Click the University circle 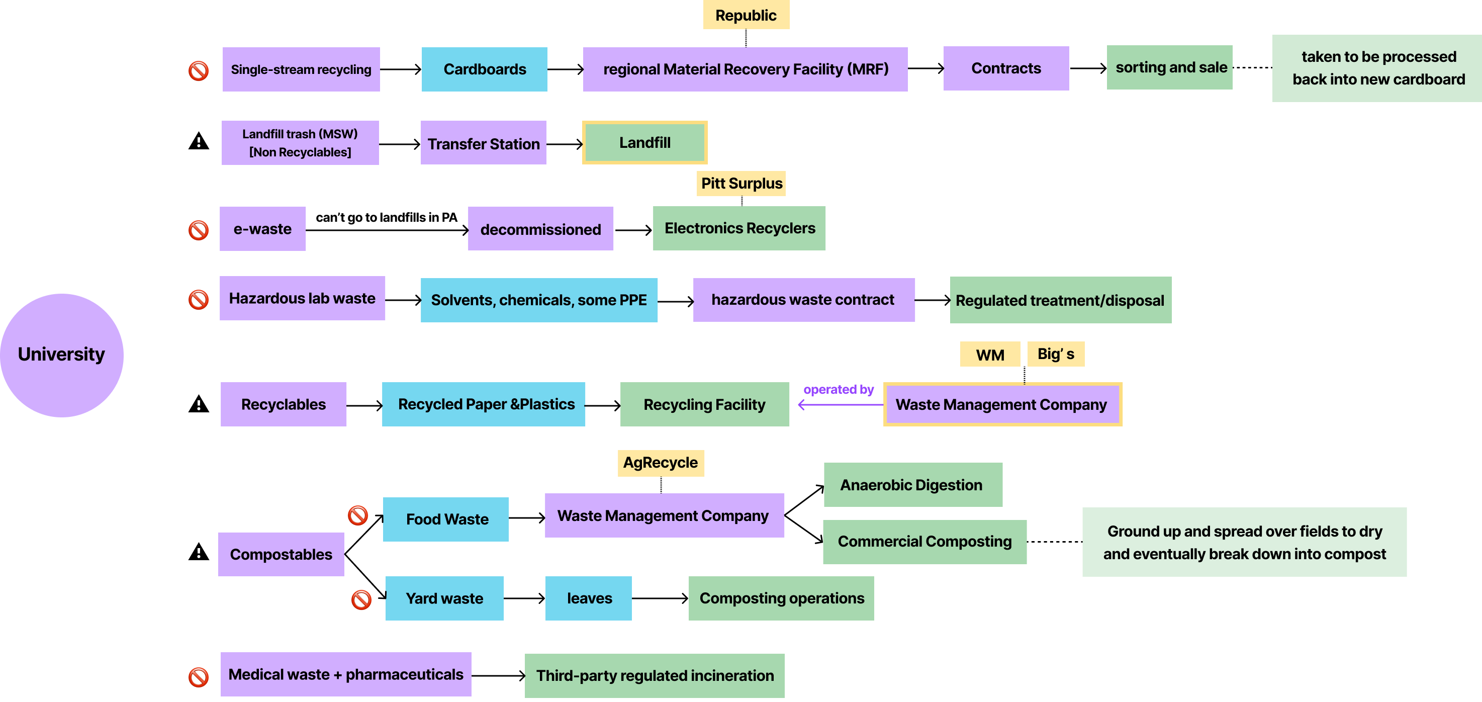coord(61,355)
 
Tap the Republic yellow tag coord(746,15)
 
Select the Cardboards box coord(485,69)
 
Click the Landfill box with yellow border coord(644,142)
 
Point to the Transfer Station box coord(483,143)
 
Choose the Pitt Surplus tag coord(741,184)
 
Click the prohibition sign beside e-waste coord(199,230)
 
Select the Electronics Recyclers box coord(739,228)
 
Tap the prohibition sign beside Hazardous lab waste coord(199,299)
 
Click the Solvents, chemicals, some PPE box coord(539,300)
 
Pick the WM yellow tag coord(989,355)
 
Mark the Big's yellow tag coord(1056,354)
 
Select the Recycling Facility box coord(704,404)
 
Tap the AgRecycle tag coord(661,463)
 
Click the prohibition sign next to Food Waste coord(358,515)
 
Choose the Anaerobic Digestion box coord(912,484)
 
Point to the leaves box coord(589,598)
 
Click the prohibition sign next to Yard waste coord(361,599)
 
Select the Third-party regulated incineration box coord(654,675)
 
